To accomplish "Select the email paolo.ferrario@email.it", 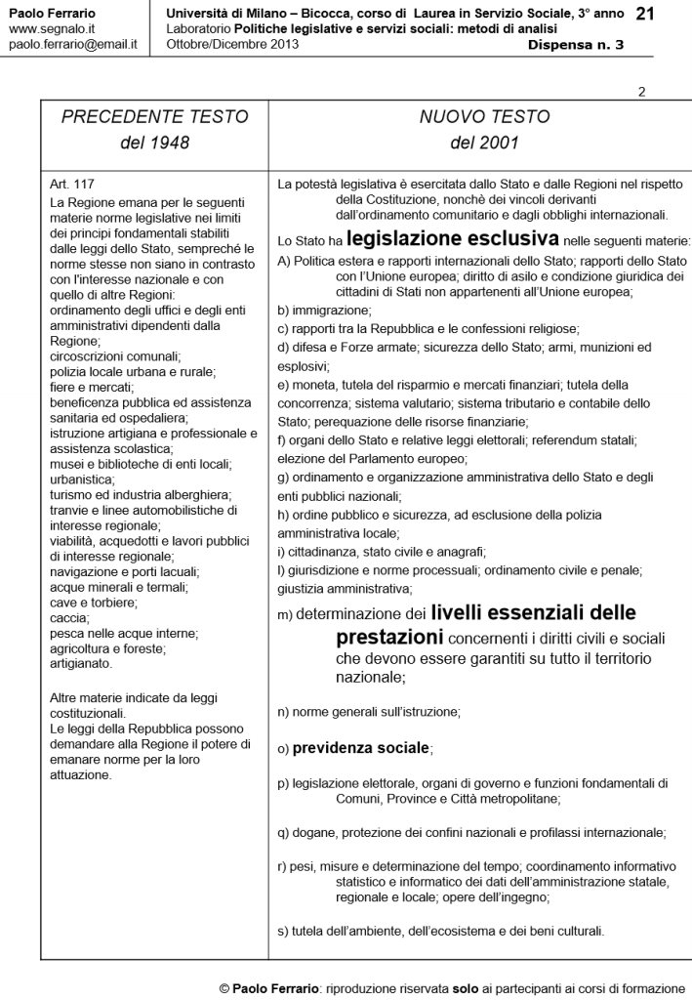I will click(72, 45).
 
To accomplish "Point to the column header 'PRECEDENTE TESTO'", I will click(154, 117).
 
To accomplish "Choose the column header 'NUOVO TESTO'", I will click(484, 117).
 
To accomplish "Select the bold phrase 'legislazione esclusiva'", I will click(452, 238).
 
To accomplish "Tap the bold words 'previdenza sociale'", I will click(361, 748).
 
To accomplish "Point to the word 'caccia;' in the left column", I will click(68, 618).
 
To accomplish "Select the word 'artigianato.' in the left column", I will click(84, 664).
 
